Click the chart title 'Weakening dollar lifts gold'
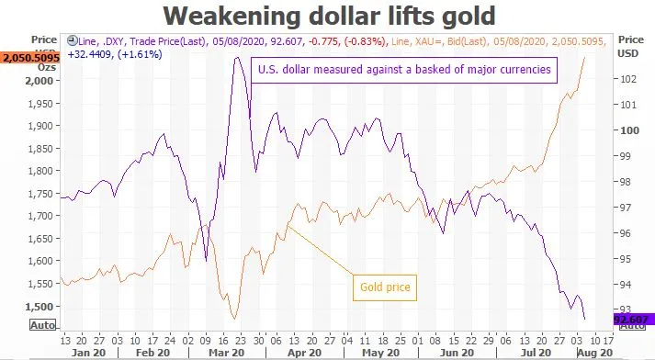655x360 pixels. pyautogui.click(x=329, y=16)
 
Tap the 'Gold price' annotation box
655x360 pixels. pyautogui.click(x=385, y=287)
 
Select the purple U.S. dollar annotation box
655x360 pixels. pyautogui.click(x=404, y=70)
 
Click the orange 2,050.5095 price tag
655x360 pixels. pyautogui.click(x=29, y=58)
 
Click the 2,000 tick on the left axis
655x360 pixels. pyautogui.click(x=40, y=81)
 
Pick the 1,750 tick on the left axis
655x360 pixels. pyautogui.click(x=40, y=194)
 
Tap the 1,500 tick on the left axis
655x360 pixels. pyautogui.click(x=40, y=307)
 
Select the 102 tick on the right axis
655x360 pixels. pyautogui.click(x=627, y=79)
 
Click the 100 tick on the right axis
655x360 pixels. pyautogui.click(x=629, y=130)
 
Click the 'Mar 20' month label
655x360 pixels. pyautogui.click(x=226, y=353)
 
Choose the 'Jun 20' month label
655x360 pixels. pyautogui.click(x=457, y=353)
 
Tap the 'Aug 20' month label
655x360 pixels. pyautogui.click(x=595, y=353)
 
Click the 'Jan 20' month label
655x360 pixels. pyautogui.click(x=88, y=353)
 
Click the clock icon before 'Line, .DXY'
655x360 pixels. pyautogui.click(x=73, y=40)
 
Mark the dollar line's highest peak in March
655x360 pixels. pyautogui.click(x=237, y=58)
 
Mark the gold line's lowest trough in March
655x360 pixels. pyautogui.click(x=234, y=319)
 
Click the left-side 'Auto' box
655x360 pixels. pyautogui.click(x=42, y=325)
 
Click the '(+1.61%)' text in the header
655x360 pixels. pyautogui.click(x=140, y=54)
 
